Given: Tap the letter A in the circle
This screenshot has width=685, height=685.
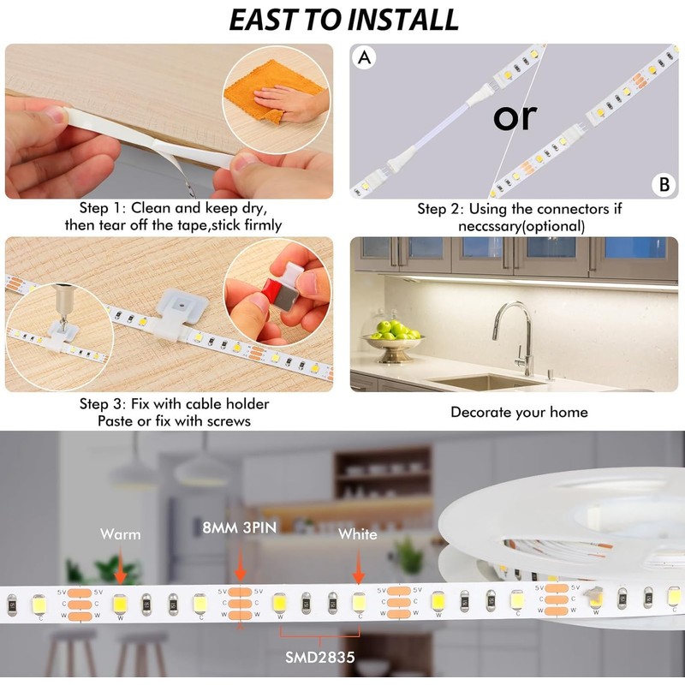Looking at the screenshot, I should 366,58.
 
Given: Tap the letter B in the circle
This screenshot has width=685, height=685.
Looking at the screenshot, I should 663,184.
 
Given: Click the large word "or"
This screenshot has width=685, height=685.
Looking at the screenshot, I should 515,116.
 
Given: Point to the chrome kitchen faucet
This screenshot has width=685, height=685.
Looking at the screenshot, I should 516,334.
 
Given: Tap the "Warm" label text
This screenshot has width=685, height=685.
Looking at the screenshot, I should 120,534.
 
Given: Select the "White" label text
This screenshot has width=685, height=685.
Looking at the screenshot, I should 357,534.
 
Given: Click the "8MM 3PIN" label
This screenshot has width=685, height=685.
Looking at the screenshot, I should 239,527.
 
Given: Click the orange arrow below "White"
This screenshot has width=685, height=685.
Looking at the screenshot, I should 358,567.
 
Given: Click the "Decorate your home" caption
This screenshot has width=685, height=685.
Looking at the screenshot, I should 519,412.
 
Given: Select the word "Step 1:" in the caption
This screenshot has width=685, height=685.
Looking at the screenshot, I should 103,208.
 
